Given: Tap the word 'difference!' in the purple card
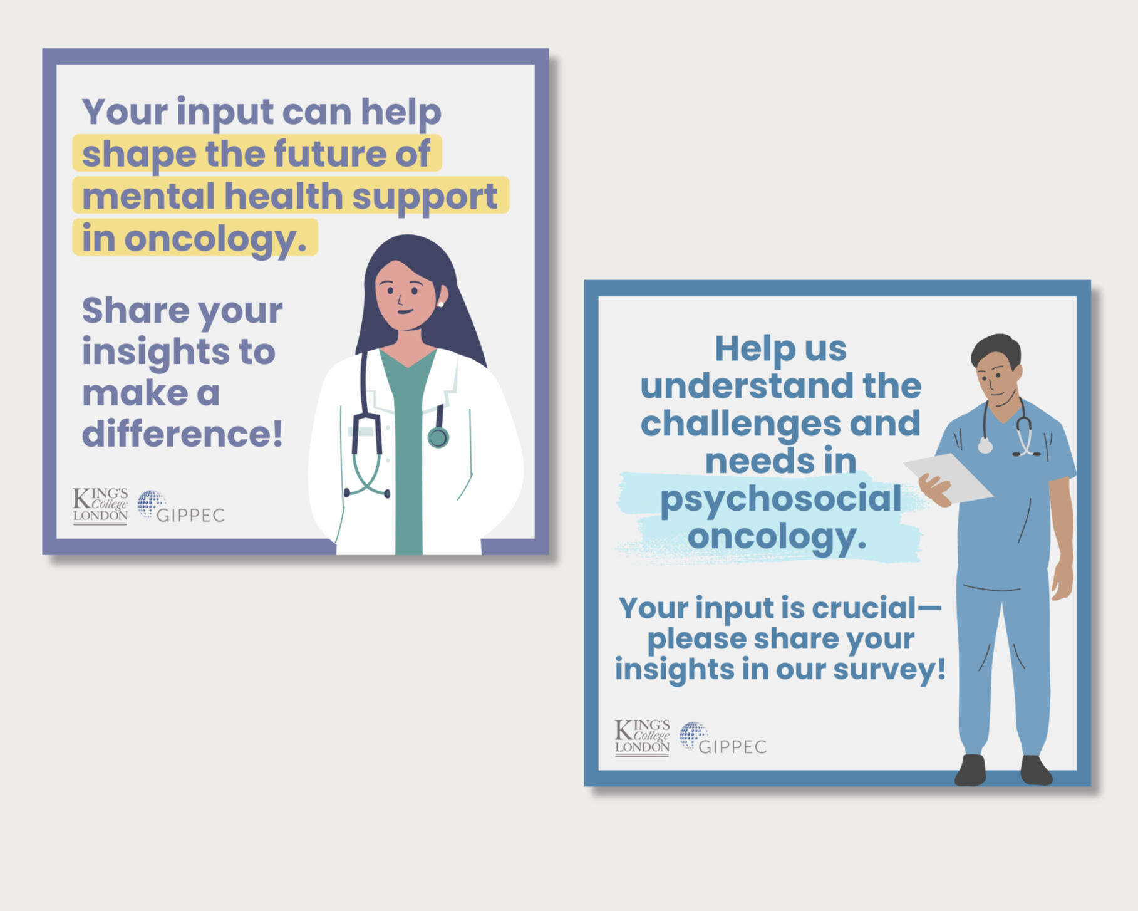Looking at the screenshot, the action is pos(182,434).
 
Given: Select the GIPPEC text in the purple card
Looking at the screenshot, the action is pos(190,516).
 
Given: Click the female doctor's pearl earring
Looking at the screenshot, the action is pos(441,305).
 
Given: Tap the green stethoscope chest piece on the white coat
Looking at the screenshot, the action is pos(438,437).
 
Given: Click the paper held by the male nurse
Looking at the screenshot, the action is pos(947,477).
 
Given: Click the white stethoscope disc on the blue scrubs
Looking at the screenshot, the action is pos(985,446).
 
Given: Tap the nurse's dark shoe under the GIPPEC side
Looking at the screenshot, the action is pos(971,770).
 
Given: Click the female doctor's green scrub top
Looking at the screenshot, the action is pos(408,451).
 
